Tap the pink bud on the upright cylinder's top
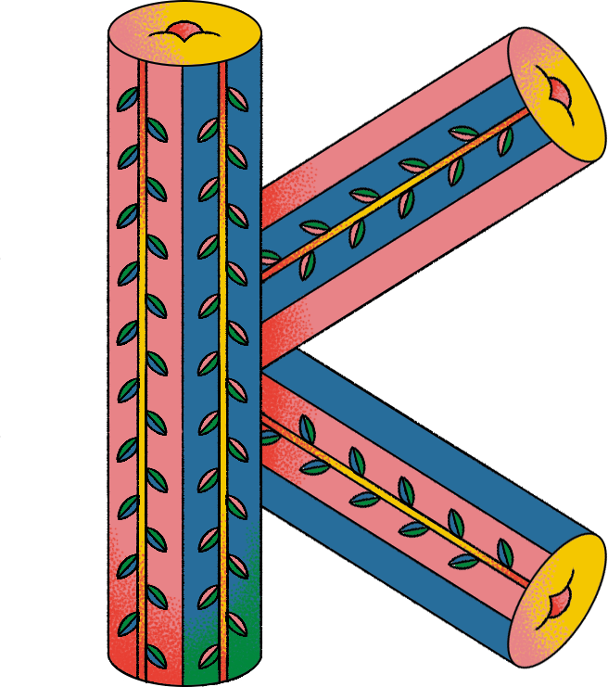(x=181, y=32)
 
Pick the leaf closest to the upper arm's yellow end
(x=505, y=140)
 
